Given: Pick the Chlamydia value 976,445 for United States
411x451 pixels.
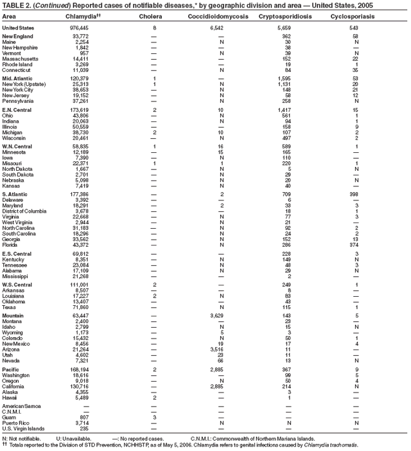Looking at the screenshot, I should [79, 28].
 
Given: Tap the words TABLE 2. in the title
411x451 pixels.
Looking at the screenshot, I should [16, 5].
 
